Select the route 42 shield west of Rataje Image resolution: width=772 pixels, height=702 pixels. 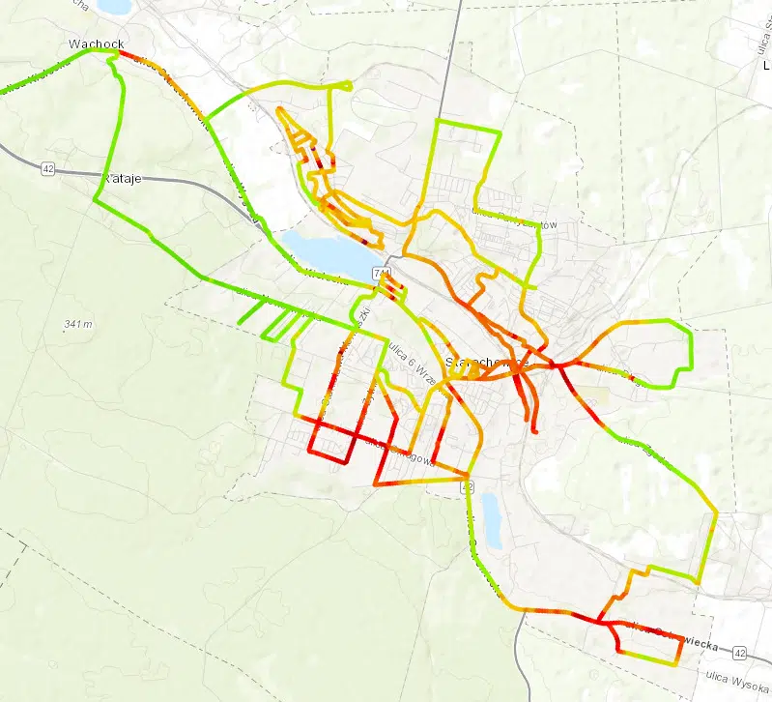point(48,168)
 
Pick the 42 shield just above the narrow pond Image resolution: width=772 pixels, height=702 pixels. point(468,486)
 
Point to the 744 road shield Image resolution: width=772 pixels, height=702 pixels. point(383,275)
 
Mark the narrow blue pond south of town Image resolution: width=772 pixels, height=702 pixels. point(491,519)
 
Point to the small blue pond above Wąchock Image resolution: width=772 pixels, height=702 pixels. point(113,6)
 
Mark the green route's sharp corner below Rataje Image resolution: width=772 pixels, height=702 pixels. point(95,200)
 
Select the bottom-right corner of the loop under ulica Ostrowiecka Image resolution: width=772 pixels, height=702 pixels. point(673,662)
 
